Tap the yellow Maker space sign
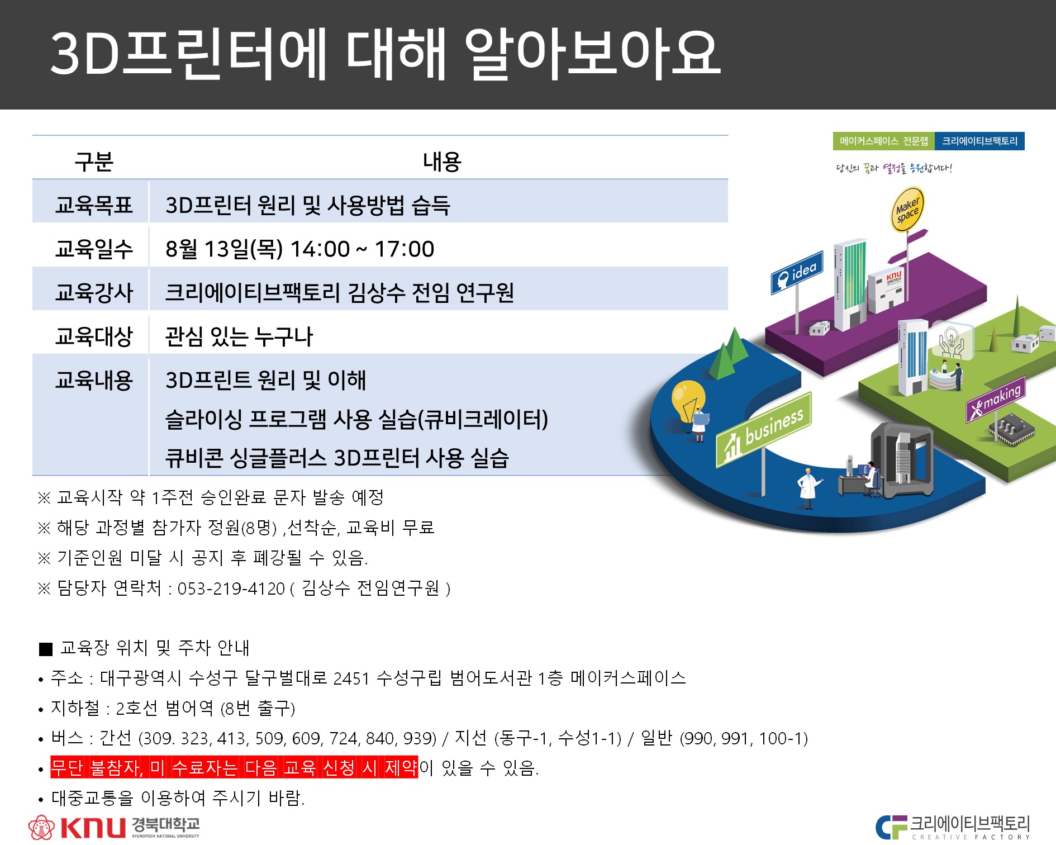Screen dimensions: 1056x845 [x=907, y=210]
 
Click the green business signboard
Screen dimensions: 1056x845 [x=764, y=430]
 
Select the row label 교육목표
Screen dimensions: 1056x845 [x=94, y=205]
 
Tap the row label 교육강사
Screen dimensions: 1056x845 [x=94, y=292]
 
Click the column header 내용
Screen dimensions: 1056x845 [x=442, y=162]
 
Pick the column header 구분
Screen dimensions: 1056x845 [x=94, y=162]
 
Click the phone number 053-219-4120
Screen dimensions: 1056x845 [x=231, y=588]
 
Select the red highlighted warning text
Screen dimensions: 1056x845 [x=234, y=767]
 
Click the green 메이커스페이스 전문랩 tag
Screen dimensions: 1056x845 [x=884, y=141]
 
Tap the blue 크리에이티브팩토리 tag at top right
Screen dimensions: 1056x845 [x=980, y=141]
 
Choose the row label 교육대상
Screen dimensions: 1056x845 [x=94, y=336]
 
